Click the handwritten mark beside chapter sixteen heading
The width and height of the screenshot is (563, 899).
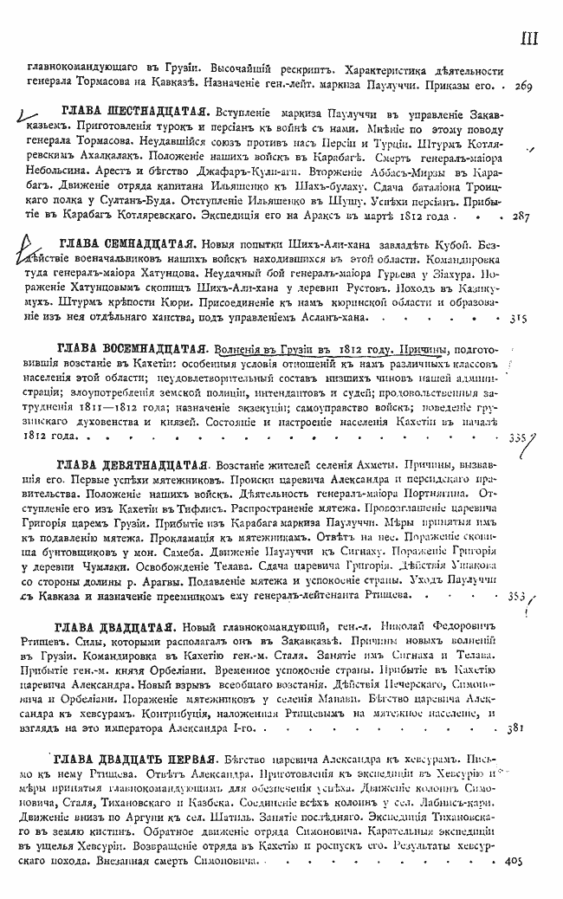point(30,111)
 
